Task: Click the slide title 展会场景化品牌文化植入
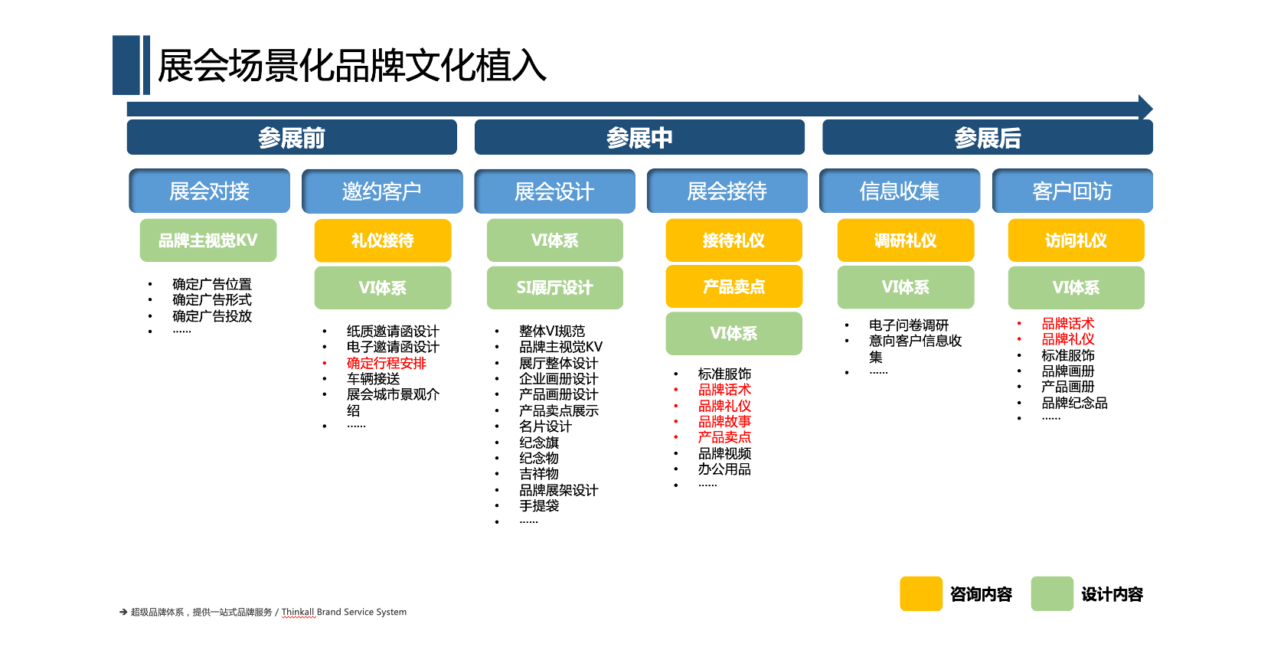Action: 352,65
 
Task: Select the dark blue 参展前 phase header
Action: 292,138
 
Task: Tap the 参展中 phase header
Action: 639,138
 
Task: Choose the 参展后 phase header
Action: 987,138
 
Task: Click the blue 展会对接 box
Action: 209,191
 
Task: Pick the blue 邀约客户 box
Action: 382,191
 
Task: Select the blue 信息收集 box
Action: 900,191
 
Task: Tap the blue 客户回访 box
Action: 1073,191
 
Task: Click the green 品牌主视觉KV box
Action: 208,240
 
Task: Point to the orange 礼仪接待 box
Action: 382,240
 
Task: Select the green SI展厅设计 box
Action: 555,287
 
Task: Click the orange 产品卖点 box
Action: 733,286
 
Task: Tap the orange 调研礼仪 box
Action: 906,240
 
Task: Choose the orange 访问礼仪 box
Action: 1076,240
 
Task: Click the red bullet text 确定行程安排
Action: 387,363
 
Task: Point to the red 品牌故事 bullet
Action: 724,421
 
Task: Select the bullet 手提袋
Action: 539,505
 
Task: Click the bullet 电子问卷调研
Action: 909,325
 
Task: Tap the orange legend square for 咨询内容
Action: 921,593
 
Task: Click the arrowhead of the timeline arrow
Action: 1146,108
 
